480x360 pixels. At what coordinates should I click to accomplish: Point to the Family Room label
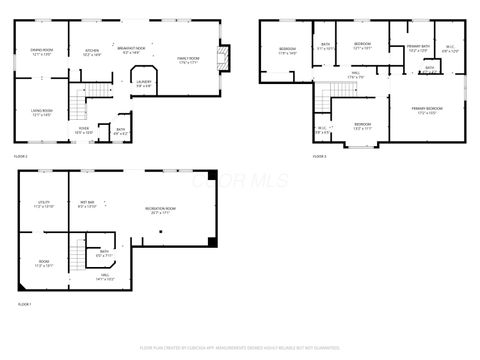pos(188,62)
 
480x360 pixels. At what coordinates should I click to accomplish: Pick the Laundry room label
pos(143,84)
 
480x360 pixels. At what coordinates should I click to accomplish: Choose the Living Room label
pos(42,113)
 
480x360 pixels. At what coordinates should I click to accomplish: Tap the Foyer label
pos(85,130)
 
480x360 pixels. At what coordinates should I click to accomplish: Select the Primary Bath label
pos(418,49)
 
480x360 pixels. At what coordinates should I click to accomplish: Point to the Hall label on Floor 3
pos(355,74)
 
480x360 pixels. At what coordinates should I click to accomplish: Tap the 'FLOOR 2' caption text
pos(21,157)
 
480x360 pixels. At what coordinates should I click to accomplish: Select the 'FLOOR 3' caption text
pos(319,157)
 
